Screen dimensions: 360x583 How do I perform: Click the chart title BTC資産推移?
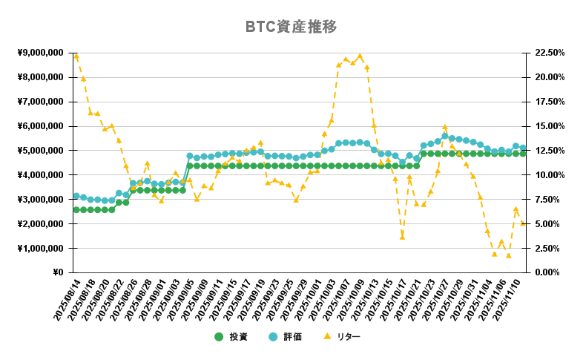291,27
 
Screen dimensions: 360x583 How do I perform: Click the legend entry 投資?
232,337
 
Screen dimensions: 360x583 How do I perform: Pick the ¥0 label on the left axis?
58,272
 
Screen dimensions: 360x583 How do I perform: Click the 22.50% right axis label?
547,53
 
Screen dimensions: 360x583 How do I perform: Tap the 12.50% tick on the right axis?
547,151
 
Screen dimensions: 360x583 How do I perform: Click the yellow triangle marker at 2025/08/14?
76,56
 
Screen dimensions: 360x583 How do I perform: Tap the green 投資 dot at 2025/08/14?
76,210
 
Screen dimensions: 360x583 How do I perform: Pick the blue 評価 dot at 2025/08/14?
76,196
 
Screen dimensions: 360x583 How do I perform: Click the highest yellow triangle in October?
360,56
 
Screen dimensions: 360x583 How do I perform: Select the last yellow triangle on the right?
523,223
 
